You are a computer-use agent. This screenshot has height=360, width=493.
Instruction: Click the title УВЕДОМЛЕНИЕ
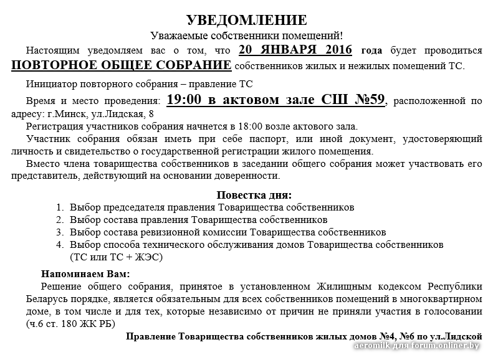click(x=246, y=20)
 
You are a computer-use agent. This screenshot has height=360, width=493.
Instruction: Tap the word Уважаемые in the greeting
click(x=178, y=36)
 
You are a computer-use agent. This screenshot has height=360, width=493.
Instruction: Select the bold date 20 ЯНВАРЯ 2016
click(x=295, y=50)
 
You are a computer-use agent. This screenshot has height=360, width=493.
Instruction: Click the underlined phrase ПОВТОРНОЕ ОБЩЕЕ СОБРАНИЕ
click(x=122, y=65)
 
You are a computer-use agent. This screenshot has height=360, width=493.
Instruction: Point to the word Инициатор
click(x=50, y=84)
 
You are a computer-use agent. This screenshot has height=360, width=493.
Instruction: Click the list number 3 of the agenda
click(x=60, y=232)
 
